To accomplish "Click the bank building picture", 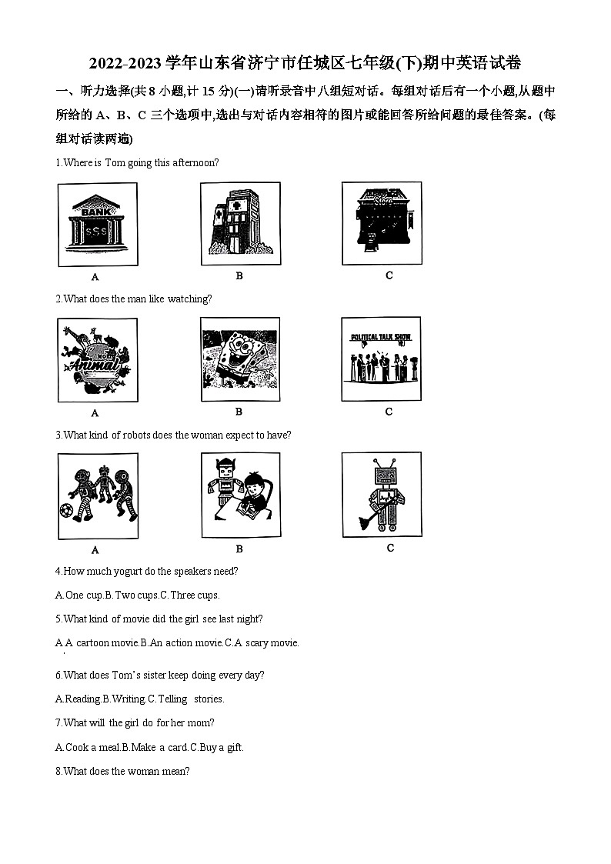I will [x=97, y=224].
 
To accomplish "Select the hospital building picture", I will [x=239, y=223].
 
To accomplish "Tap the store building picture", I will [x=382, y=222].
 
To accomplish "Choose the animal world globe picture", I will [x=97, y=360].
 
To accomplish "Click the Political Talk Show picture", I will [x=382, y=359].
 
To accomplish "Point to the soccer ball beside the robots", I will [x=67, y=511].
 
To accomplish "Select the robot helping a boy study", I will [x=239, y=495].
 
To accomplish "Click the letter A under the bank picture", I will [x=95, y=277].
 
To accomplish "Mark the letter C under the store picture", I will [x=389, y=275].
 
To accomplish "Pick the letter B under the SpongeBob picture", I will [x=239, y=412].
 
